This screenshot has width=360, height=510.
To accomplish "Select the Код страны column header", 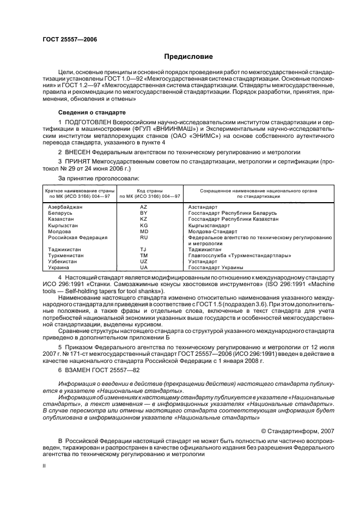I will [x=143, y=193].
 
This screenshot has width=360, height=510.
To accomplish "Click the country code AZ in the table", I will [x=143, y=207].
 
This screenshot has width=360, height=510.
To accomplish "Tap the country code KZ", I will [x=143, y=219].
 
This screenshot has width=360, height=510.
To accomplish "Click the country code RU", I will [x=143, y=238].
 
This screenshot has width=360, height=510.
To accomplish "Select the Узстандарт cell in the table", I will [x=203, y=262].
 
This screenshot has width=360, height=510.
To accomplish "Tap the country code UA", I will [x=143, y=268].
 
